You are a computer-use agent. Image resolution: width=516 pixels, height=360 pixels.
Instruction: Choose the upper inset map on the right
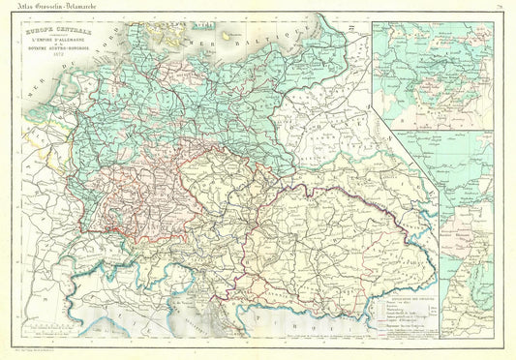[433, 75]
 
